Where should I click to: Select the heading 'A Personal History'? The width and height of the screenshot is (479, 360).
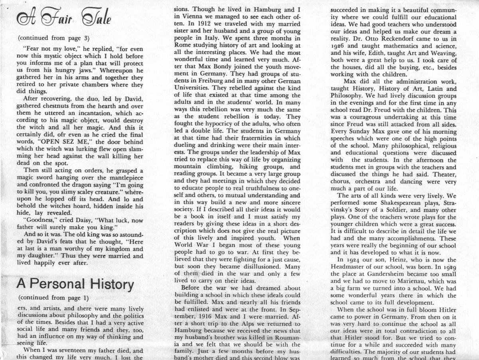pyautogui.click(x=75, y=284)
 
